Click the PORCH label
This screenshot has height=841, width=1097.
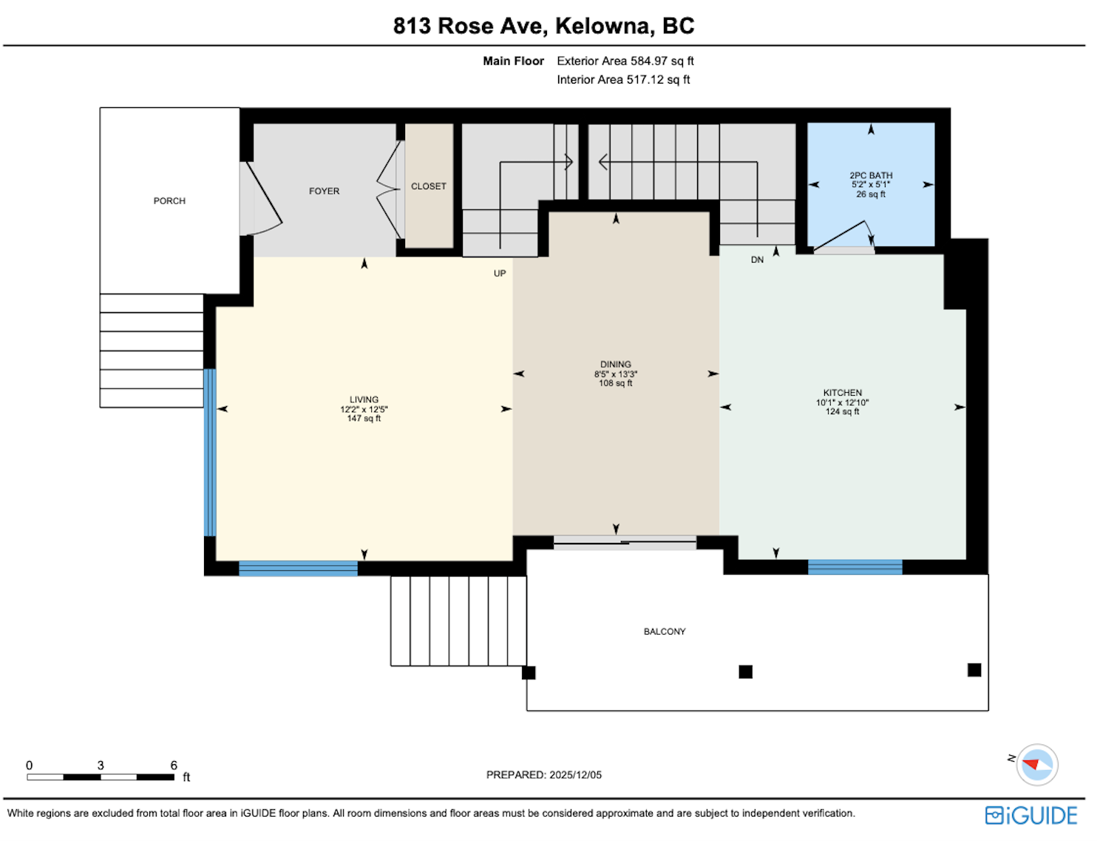[169, 201]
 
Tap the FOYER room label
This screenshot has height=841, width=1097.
[324, 192]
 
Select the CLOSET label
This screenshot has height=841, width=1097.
[429, 186]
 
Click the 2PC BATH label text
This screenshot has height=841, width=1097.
[871, 175]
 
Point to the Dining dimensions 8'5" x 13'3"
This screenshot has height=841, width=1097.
[615, 374]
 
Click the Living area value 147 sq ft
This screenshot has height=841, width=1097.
[364, 418]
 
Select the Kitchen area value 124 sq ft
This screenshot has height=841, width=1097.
[842, 412]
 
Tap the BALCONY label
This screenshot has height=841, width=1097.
[665, 632]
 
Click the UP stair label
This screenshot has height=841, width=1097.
[500, 273]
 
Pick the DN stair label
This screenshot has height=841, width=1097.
[757, 260]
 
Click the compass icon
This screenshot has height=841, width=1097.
[1037, 765]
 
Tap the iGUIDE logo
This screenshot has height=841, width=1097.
[1031, 815]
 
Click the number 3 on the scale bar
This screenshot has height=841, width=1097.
[101, 766]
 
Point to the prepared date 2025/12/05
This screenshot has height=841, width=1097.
[576, 775]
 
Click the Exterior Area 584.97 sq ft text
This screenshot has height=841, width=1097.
[625, 61]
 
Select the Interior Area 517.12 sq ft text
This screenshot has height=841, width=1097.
[623, 80]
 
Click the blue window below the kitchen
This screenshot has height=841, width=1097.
[855, 567]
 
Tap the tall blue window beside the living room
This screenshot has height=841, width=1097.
[210, 452]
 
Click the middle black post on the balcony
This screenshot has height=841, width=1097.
[745, 672]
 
